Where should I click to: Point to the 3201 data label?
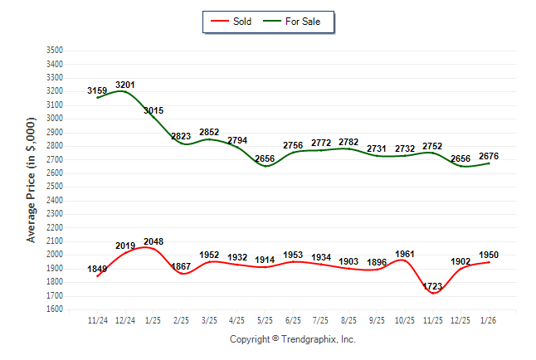point(125,85)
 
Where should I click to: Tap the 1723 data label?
point(433,286)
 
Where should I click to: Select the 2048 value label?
point(153,242)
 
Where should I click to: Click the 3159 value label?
point(97,90)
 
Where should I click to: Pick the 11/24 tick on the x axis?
point(97,320)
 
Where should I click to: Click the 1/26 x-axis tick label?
point(488,320)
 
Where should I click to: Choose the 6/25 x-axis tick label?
point(293,320)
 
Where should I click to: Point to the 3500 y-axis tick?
point(54,51)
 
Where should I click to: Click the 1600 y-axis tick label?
point(54,309)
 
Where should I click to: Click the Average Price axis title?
point(32,180)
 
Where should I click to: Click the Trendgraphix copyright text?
point(292,339)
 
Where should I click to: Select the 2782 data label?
point(348,143)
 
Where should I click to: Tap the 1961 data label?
point(404,254)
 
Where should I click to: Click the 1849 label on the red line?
point(97,269)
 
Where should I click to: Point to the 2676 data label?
point(489,156)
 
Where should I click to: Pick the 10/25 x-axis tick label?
point(404,320)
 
